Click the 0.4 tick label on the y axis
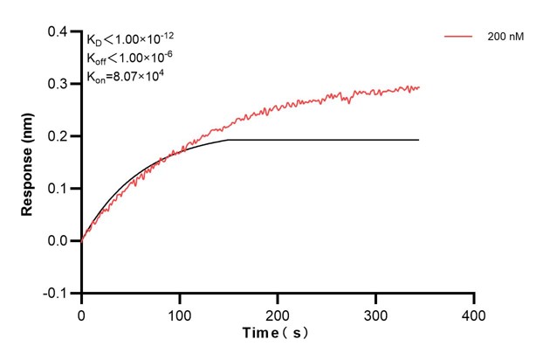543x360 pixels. tap(63, 32)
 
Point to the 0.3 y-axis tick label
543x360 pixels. tap(63, 84)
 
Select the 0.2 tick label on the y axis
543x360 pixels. tap(63, 136)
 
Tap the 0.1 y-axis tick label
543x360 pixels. tap(63, 189)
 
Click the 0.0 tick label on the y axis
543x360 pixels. tap(63, 240)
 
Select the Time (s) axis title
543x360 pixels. tap(276, 334)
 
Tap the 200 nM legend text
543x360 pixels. tap(505, 38)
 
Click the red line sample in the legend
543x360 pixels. tap(459, 38)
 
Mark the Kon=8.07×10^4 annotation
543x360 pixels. tap(126, 77)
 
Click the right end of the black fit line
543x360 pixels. tap(419, 140)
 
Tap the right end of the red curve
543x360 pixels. tap(419, 87)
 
